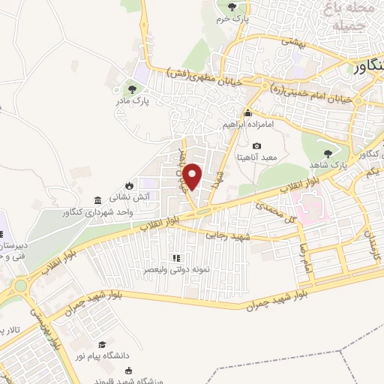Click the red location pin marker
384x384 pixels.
(x=193, y=176)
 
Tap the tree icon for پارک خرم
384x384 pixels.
(x=230, y=5)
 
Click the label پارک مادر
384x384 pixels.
(x=137, y=97)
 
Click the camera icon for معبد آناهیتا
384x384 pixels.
(x=257, y=145)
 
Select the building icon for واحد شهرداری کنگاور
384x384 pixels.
(x=99, y=200)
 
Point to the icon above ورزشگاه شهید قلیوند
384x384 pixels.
(x=129, y=370)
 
